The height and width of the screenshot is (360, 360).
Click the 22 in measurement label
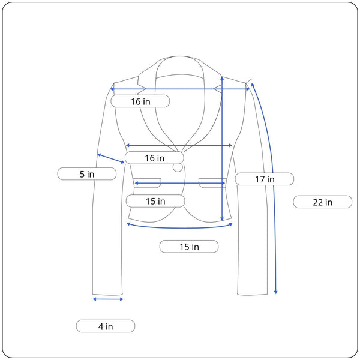322,202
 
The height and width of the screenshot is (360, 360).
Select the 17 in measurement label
265,179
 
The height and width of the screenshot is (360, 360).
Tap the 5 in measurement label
87,174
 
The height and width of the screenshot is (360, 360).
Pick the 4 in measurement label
106,326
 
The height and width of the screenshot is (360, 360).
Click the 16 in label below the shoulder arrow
140,101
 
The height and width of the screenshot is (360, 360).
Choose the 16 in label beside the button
154,158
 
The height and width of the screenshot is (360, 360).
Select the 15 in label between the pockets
155,201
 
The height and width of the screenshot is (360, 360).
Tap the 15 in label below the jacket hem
189,247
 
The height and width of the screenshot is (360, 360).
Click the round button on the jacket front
178,167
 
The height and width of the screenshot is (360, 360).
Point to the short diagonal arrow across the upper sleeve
111,158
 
